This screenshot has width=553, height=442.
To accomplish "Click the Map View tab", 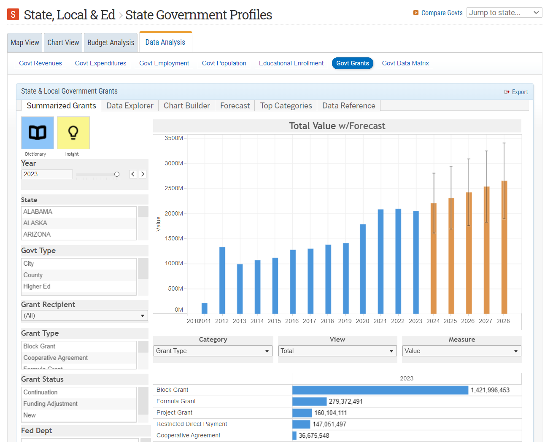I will pyautogui.click(x=24, y=43).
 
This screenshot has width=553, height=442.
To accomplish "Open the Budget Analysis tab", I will pyautogui.click(x=111, y=43).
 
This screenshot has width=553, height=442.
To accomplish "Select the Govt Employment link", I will pyautogui.click(x=164, y=63).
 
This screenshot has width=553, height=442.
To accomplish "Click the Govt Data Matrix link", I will pyautogui.click(x=405, y=63).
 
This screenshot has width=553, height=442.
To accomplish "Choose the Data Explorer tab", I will pyautogui.click(x=129, y=106).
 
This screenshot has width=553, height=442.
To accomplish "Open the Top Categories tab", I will pyautogui.click(x=286, y=106).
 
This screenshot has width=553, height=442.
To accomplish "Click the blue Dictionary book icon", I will pyautogui.click(x=38, y=133).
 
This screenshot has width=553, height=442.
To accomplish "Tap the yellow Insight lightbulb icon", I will pyautogui.click(x=73, y=133).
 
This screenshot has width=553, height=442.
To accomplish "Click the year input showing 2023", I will pyautogui.click(x=47, y=174).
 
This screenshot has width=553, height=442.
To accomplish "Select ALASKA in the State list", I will pyautogui.click(x=35, y=223).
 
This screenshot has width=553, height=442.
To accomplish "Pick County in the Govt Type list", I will pyautogui.click(x=33, y=275).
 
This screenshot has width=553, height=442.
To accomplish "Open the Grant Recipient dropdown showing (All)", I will pyautogui.click(x=85, y=315).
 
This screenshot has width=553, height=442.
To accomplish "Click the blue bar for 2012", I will pyautogui.click(x=222, y=280).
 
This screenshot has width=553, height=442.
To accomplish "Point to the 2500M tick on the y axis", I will pyautogui.click(x=174, y=188).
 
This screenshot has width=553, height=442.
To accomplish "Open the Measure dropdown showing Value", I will pyautogui.click(x=461, y=351).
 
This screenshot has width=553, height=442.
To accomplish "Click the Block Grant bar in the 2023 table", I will pyautogui.click(x=380, y=390).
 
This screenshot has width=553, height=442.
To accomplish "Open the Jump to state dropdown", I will pyautogui.click(x=504, y=13).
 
